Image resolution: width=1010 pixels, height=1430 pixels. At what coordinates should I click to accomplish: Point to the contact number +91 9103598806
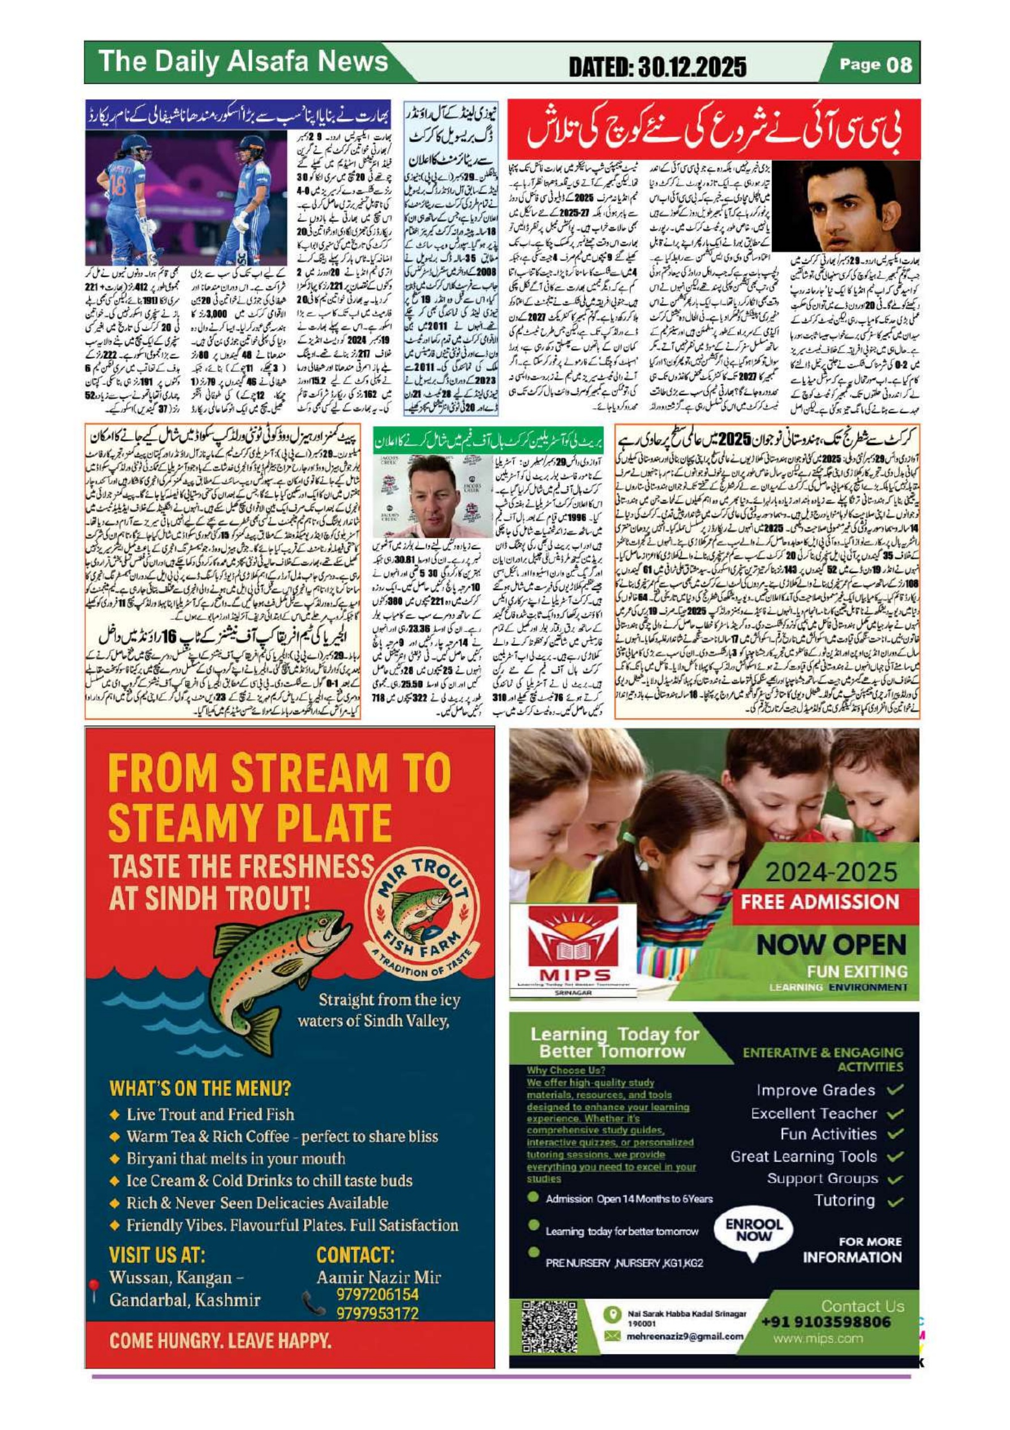pyautogui.click(x=826, y=1322)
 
